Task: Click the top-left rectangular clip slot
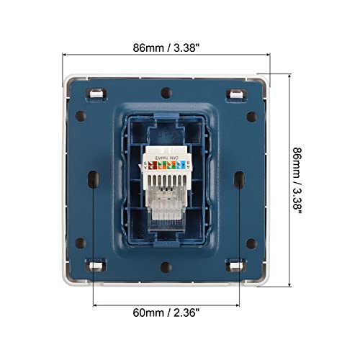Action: click(x=94, y=93)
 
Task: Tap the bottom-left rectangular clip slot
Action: click(x=94, y=266)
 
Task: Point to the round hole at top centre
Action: click(x=166, y=92)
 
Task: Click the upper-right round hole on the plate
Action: click(x=251, y=115)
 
